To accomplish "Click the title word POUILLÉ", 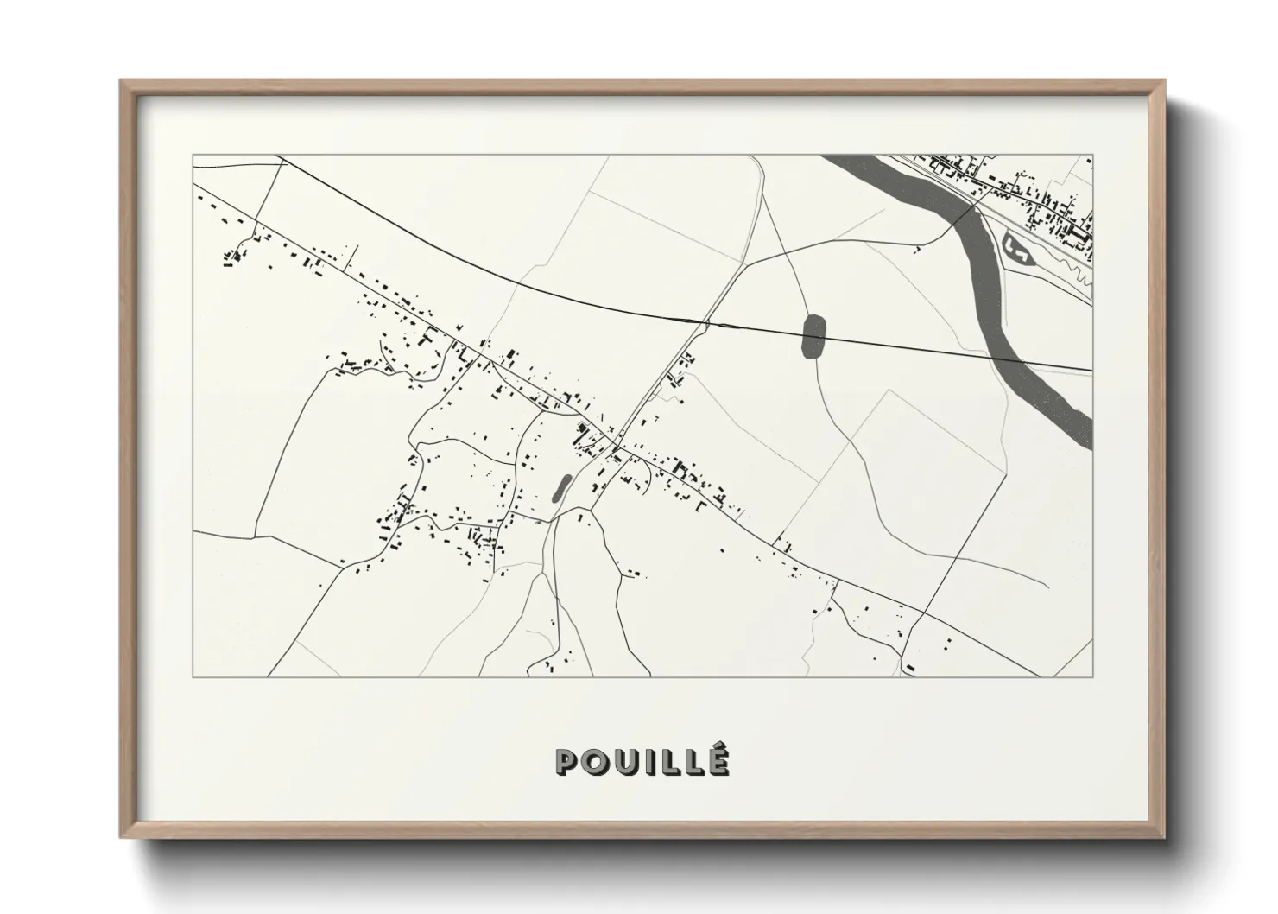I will click(643, 761).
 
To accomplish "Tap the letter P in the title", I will click(567, 762).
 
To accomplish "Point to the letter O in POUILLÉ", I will click(595, 762).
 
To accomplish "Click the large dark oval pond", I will click(813, 336).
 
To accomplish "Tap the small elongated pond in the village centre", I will click(560, 488).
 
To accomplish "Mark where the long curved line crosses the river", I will click(1009, 359).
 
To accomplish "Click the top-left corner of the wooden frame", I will click(122, 82).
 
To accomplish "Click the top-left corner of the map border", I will click(193, 156).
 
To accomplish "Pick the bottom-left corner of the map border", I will click(193, 676).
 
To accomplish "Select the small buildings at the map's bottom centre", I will click(548, 664).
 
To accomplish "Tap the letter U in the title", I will click(624, 762).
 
